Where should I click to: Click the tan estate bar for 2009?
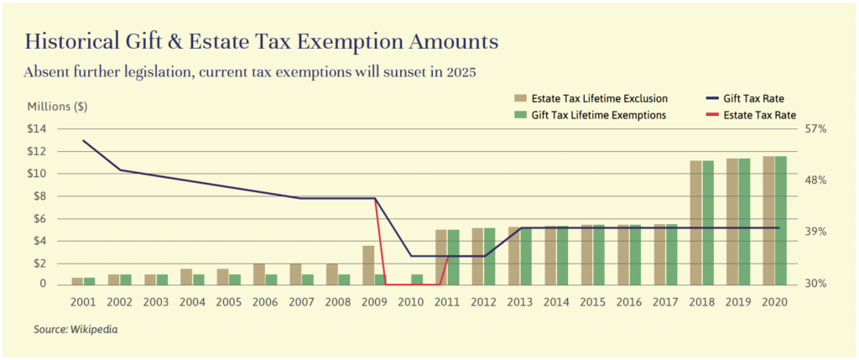pyautogui.click(x=368, y=265)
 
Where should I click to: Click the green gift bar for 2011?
pyautogui.click(x=454, y=257)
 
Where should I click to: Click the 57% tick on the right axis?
pyautogui.click(x=816, y=129)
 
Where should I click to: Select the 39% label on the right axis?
pyautogui.click(x=816, y=232)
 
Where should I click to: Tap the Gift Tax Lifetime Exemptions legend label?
pyautogui.click(x=598, y=115)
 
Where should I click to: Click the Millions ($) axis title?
pyautogui.click(x=58, y=107)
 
